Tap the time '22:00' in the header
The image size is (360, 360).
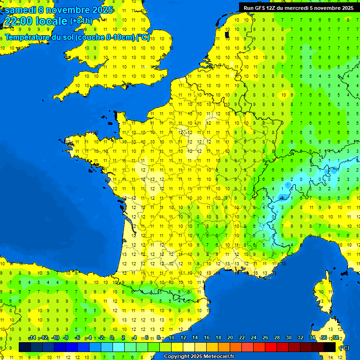(17, 21)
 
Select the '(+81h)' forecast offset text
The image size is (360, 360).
(82, 21)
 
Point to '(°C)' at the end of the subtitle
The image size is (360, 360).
(142, 37)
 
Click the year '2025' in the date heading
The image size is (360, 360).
(100, 9)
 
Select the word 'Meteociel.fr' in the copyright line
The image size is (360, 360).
(218, 356)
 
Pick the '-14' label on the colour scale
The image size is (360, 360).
(32, 338)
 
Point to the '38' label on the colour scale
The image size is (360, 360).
(336, 338)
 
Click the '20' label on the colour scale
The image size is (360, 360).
(230, 338)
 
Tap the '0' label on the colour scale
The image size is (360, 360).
(112, 338)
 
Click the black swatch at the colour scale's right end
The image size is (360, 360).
(330, 347)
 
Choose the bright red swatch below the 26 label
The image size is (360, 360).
(271, 347)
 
